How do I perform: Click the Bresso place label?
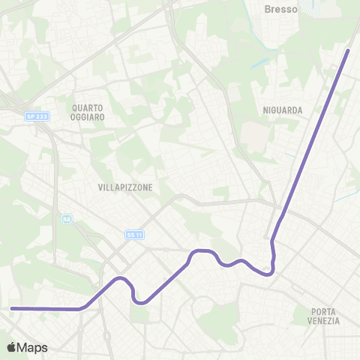(x=282, y=10)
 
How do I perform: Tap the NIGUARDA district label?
(x=283, y=110)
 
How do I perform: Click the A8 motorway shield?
(x=67, y=219)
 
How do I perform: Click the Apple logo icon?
(x=11, y=347)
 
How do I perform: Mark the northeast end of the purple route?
(x=349, y=50)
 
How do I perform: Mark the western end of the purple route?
(x=11, y=308)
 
